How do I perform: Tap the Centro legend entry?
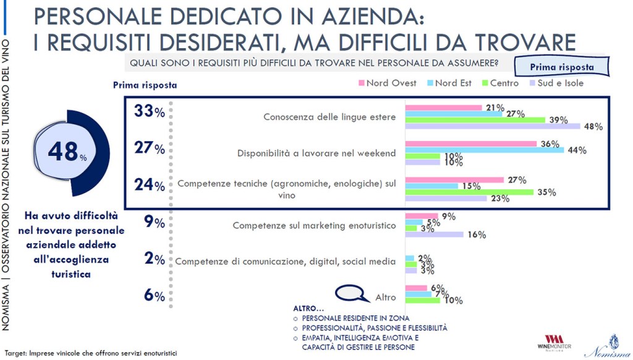click(x=500, y=83)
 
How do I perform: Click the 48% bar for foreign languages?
click(x=493, y=126)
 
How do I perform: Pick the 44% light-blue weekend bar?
click(x=484, y=150)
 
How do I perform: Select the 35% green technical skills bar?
click(x=469, y=192)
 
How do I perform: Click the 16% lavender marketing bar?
click(x=434, y=234)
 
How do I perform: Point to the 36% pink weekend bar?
click(x=470, y=144)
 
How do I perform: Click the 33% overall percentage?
click(x=149, y=111)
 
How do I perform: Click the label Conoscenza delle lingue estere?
click(x=329, y=117)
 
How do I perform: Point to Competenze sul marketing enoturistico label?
click(x=314, y=226)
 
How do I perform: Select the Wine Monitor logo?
click(x=554, y=343)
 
